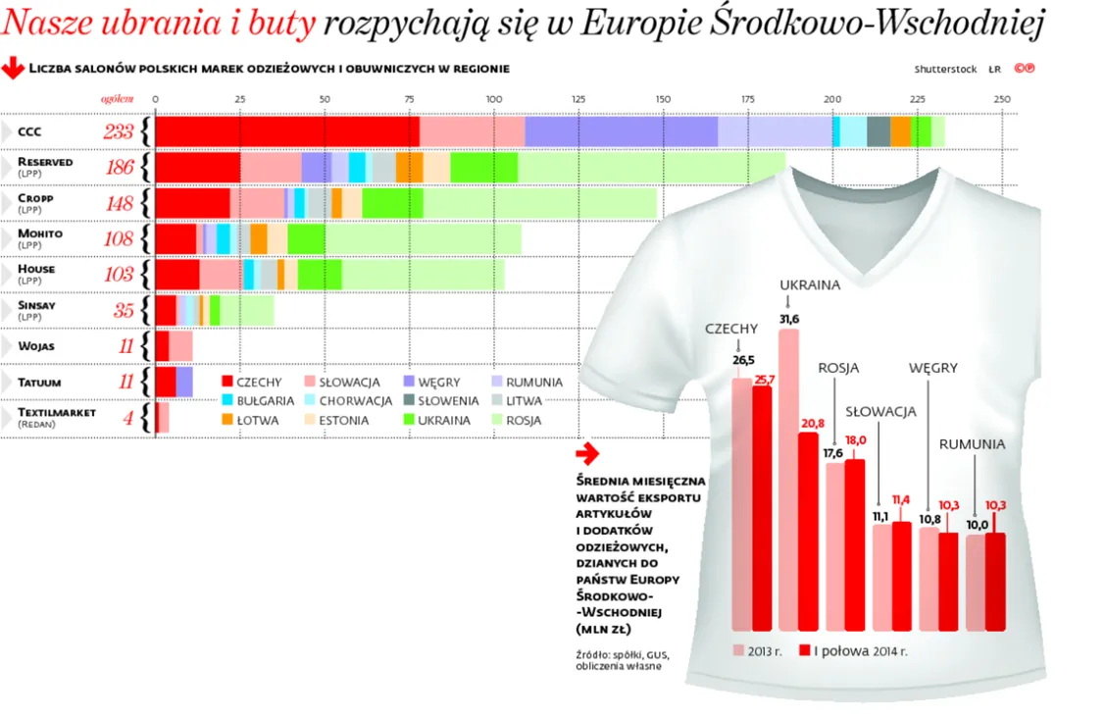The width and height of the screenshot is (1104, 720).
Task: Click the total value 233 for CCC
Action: tap(119, 132)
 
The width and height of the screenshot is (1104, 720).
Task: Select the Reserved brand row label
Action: tap(44, 162)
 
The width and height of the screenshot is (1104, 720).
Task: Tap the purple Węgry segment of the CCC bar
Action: tap(621, 131)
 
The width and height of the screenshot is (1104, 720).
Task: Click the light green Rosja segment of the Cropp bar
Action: tap(539, 203)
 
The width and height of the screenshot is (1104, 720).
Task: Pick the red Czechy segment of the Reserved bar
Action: tap(197, 168)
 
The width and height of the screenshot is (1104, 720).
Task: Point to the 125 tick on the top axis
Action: tap(578, 99)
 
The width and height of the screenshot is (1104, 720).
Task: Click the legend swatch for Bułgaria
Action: tap(227, 401)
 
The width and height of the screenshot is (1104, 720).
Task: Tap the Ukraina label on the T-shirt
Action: tap(810, 285)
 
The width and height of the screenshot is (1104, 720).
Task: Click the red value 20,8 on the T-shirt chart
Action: tap(812, 423)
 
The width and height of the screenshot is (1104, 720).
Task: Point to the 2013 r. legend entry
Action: tap(758, 650)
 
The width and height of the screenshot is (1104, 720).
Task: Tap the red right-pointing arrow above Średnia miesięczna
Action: tap(586, 453)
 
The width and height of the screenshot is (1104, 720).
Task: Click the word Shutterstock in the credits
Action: tap(945, 70)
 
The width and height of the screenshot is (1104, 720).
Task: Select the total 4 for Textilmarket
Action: tap(127, 418)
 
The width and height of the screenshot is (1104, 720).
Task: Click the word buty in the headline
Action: tap(281, 24)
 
